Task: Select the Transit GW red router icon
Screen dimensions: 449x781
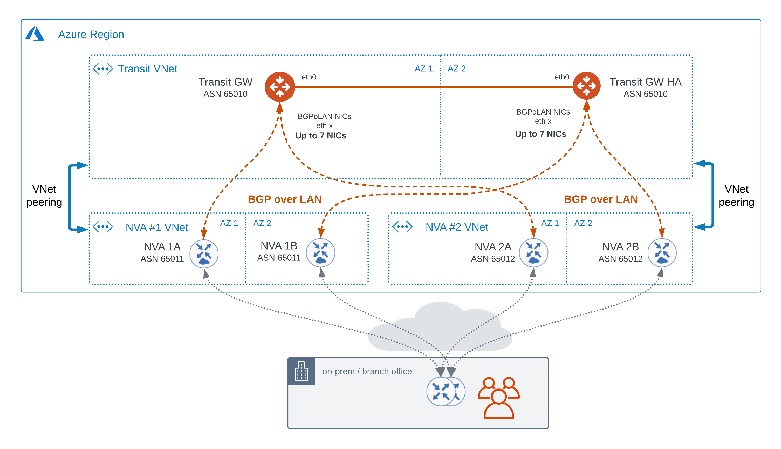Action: (x=280, y=87)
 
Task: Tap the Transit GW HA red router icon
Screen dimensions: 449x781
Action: (x=586, y=86)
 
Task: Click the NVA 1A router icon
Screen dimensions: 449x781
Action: (x=204, y=254)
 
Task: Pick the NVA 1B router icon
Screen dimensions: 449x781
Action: (x=320, y=253)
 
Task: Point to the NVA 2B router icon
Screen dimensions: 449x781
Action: (x=662, y=253)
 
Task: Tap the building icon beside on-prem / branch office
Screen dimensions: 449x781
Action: (x=301, y=371)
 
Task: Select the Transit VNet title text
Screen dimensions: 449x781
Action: (x=148, y=69)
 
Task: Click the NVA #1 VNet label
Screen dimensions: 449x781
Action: (x=157, y=227)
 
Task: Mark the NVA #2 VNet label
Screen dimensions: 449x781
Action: (x=457, y=227)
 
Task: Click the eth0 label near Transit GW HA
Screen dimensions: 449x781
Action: (x=562, y=77)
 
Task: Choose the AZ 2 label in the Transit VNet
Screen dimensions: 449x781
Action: (x=456, y=69)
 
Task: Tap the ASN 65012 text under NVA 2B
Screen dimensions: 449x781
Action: (x=620, y=259)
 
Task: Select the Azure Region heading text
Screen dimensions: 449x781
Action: (x=91, y=35)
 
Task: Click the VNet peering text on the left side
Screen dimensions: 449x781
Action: (x=44, y=196)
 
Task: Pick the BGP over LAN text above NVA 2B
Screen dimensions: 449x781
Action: (x=600, y=199)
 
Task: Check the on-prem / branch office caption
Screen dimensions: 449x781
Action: (x=367, y=371)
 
